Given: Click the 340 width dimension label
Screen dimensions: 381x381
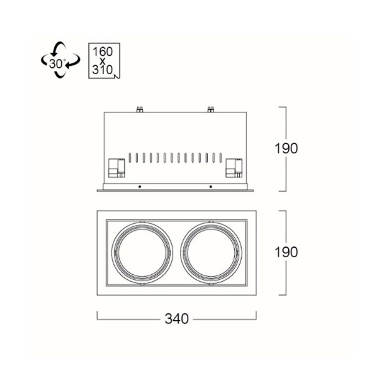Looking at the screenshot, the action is point(177,319).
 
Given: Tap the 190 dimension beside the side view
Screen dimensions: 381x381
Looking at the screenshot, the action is point(286,148).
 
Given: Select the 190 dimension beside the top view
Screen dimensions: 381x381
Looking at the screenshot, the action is point(286,252).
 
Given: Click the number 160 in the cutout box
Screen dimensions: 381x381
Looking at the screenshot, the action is point(103,52).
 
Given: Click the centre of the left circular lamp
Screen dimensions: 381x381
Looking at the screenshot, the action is point(142,253).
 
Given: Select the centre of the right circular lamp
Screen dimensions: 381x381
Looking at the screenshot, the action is point(211,253).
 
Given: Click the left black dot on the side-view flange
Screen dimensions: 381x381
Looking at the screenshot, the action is point(139,187).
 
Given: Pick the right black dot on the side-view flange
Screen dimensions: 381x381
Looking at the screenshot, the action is point(211,187).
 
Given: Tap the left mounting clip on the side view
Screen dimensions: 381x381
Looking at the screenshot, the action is point(116,168).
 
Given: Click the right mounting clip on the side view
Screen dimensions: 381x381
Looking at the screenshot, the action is point(234,168).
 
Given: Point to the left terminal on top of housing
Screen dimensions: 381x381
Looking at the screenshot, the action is point(139,109).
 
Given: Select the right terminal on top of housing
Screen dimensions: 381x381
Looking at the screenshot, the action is point(210,109).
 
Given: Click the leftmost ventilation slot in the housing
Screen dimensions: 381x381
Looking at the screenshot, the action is point(130,158).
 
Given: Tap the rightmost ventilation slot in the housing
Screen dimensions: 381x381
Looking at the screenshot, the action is point(221,158).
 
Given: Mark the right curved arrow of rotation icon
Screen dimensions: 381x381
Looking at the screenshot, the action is point(74,61).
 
